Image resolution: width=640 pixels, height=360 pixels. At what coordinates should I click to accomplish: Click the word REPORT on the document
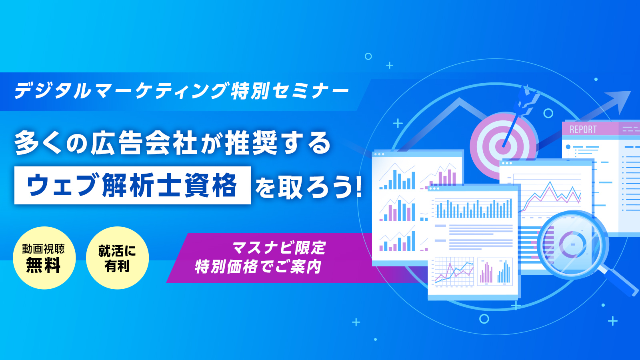(x=583, y=130)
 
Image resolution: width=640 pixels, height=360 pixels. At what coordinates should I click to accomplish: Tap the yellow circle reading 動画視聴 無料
(x=44, y=258)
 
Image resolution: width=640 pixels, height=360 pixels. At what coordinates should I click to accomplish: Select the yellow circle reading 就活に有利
(x=117, y=258)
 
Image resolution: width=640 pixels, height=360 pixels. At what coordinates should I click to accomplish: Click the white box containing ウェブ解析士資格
(x=132, y=185)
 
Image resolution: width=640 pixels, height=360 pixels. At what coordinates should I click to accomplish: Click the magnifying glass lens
(x=573, y=244)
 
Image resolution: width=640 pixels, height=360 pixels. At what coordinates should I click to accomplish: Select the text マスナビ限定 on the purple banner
(x=279, y=248)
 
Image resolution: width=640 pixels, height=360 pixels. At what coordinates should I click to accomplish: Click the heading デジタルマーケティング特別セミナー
(x=182, y=90)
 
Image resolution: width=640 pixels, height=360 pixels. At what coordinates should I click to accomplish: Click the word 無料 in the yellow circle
(x=43, y=265)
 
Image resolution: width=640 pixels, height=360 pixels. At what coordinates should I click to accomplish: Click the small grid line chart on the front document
(x=454, y=272)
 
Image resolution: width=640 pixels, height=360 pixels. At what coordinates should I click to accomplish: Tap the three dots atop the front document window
(x=434, y=188)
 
